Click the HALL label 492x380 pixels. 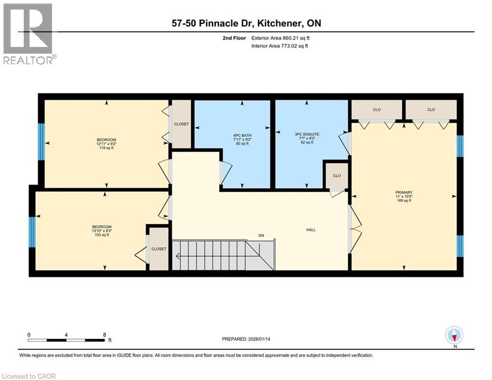pos(311,230)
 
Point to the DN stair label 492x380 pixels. pos(261,236)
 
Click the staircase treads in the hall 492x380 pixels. pos(213,255)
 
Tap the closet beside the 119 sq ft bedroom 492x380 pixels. pos(181,124)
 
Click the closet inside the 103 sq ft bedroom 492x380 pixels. pos(159,249)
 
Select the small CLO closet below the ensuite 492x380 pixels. pos(336,176)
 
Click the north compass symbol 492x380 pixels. pos(453,335)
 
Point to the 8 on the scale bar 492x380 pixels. pos(104,334)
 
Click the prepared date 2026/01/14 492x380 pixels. pos(246,339)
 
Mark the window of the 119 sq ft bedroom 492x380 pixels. pos(42,142)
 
